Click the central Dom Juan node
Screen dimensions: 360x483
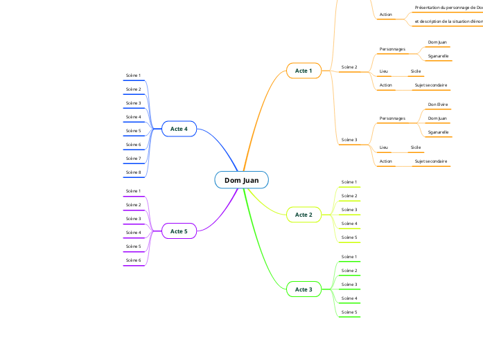pyautogui.click(x=241, y=181)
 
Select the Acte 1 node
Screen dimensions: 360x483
pyautogui.click(x=304, y=71)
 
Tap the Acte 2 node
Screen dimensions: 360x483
pyautogui.click(x=304, y=215)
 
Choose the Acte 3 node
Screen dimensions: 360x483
pyautogui.click(x=304, y=289)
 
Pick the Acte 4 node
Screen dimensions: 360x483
pyautogui.click(x=179, y=129)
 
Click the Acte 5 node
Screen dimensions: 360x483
pyautogui.click(x=179, y=231)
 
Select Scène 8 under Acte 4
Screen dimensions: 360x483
pyautogui.click(x=133, y=172)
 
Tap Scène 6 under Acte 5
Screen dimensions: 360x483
pyautogui.click(x=133, y=260)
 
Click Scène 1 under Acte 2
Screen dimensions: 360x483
pyautogui.click(x=349, y=182)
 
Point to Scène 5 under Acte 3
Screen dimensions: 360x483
pyautogui.click(x=349, y=312)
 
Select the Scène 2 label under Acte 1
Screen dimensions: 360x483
pyautogui.click(x=349, y=67)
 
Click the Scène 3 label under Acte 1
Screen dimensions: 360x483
pyautogui.click(x=349, y=140)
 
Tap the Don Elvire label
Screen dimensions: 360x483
pyautogui.click(x=437, y=105)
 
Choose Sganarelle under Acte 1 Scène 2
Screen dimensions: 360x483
pyautogui.click(x=437, y=55)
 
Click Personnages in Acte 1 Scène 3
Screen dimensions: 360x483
pyautogui.click(x=392, y=118)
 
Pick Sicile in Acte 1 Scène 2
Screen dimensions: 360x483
pyautogui.click(x=416, y=71)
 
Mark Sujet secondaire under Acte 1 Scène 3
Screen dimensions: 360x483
pyautogui.click(x=430, y=161)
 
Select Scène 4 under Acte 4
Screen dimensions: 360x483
pyautogui.click(x=133, y=117)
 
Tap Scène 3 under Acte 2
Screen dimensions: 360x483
pyautogui.click(x=349, y=210)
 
